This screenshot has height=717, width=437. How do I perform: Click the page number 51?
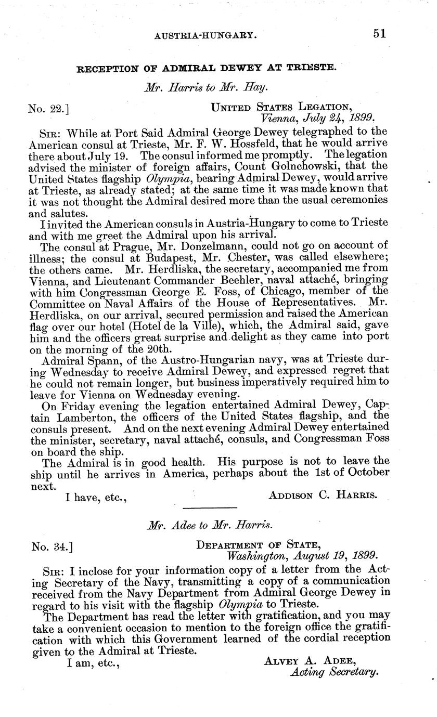click(x=380, y=34)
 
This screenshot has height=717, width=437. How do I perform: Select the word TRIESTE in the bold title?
click(x=306, y=68)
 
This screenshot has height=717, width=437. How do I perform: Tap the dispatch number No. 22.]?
click(x=49, y=109)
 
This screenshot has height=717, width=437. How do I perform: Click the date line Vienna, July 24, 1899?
click(x=320, y=118)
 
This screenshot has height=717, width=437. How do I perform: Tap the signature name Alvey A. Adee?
click(x=309, y=661)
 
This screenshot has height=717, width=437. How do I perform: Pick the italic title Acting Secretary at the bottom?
click(x=333, y=672)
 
